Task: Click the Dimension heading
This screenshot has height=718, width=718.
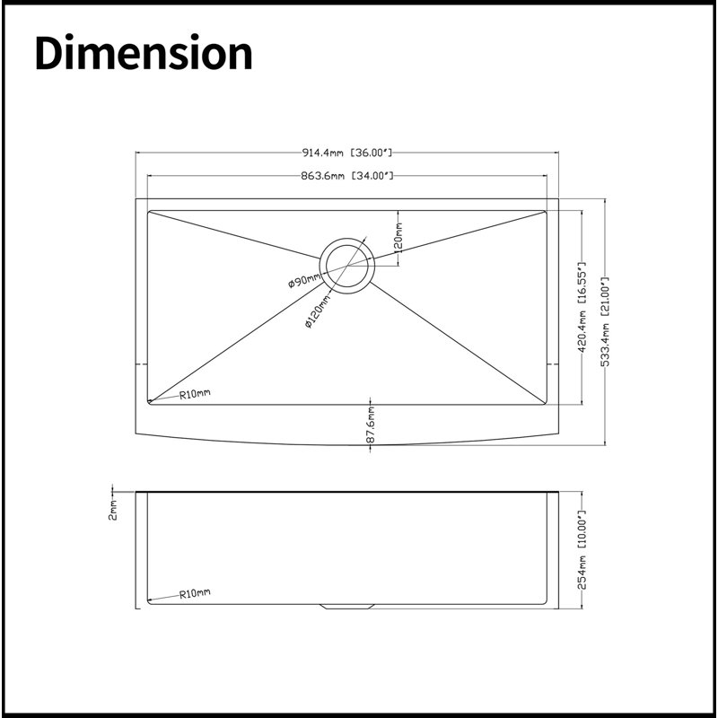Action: click(x=144, y=52)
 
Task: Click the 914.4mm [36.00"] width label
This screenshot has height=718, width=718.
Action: click(x=347, y=153)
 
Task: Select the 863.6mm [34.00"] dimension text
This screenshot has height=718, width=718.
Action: click(x=347, y=175)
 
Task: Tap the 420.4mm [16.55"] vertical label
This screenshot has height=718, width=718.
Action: click(x=582, y=307)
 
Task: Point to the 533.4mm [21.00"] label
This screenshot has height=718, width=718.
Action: click(x=605, y=321)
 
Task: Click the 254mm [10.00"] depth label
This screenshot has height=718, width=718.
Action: click(x=582, y=549)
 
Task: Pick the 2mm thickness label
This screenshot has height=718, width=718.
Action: click(x=113, y=510)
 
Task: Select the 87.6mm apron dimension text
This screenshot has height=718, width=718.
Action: click(x=371, y=425)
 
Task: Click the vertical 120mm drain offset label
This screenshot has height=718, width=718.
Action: click(x=398, y=238)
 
